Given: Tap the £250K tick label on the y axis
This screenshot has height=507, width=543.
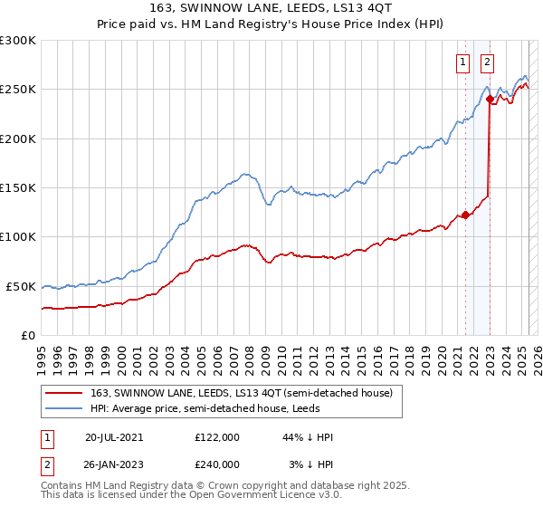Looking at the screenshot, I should [18, 90].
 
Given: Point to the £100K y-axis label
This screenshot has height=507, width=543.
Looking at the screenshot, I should [18, 236].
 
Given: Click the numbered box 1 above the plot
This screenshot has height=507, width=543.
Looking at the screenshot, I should [463, 62].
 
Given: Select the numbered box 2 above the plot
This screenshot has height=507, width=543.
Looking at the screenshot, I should [487, 62].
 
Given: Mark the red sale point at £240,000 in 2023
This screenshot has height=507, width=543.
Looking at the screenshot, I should [490, 100].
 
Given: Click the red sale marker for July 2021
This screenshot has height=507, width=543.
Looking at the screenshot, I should [465, 215].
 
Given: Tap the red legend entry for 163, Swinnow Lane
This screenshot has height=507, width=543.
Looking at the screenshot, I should [240, 393].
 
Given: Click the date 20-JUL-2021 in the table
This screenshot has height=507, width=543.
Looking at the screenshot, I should [114, 436].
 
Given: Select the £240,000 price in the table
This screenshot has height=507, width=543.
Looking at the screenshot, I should [217, 464].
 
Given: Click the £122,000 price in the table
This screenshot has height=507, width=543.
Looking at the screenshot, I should [217, 436].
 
